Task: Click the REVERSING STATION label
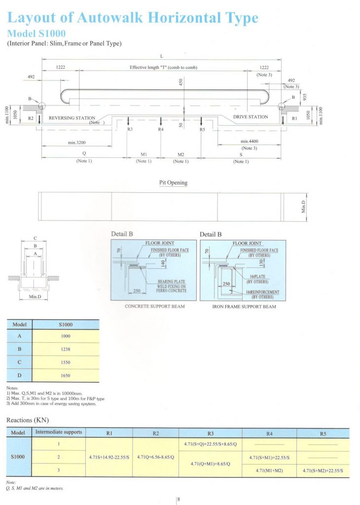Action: point(72,118)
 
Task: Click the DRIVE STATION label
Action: point(251,117)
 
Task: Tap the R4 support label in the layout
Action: point(161,129)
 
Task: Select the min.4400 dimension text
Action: point(250,141)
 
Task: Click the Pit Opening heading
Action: point(173,182)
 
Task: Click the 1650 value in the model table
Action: point(65,376)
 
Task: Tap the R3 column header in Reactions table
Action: point(211,433)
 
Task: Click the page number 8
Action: point(179,499)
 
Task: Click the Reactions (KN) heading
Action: point(27,420)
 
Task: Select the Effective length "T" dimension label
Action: point(163,67)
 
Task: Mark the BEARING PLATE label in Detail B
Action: point(171,281)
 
